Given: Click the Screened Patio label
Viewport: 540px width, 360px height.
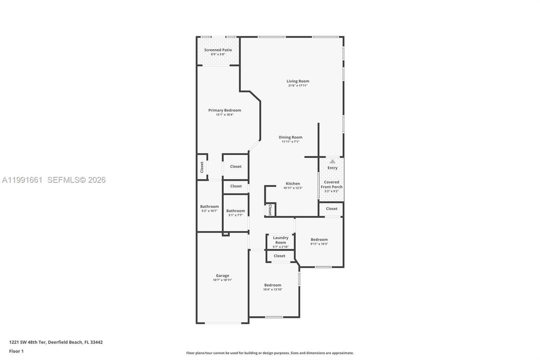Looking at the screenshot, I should coord(218,50).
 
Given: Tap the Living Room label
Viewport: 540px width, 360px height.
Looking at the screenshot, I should coord(298,81).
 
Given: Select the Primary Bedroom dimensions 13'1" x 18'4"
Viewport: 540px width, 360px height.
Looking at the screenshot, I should coord(224,115).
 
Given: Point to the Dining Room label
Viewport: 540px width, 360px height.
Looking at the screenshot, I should coord(290,137).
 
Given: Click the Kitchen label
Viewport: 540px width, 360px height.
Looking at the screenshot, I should coord(293,183).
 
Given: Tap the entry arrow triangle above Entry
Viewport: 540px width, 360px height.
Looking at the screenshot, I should coord(332,161).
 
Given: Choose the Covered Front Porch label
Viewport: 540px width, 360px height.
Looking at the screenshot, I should coord(331,184).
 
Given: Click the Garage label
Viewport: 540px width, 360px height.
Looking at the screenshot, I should coord(222,275).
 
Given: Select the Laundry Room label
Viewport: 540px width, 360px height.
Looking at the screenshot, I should coord(281,240).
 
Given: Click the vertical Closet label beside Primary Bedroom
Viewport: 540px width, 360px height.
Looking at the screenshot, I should coord(202,167).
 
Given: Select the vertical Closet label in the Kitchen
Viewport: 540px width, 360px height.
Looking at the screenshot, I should coord(270,209).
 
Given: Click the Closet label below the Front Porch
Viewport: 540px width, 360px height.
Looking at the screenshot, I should coord(332,208).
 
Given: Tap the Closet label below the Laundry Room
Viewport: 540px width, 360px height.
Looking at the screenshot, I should coord(279,256).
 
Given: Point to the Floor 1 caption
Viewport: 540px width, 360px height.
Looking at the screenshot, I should coord(16,351).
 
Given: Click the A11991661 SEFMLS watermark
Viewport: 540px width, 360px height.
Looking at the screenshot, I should coord(53,180).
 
